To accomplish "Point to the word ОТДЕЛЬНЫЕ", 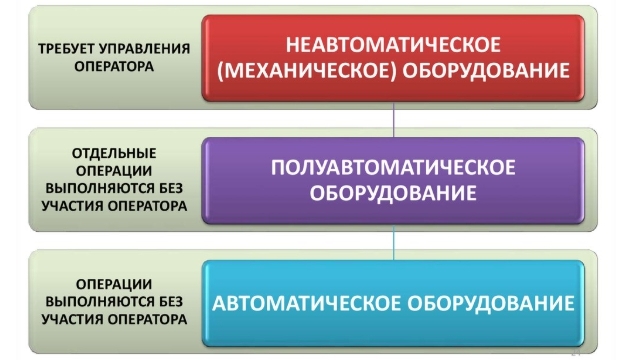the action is point(113,152).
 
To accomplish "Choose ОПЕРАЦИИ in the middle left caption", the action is point(113,170).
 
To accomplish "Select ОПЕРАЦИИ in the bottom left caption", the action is point(113,283).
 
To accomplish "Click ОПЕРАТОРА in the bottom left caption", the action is point(150,320).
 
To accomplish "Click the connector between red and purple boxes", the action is point(393,119).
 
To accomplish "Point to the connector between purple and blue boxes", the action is point(393,244).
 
